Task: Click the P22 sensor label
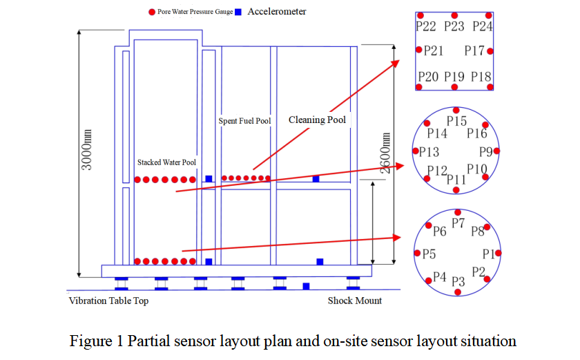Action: (x=426, y=27)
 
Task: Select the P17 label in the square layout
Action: (x=474, y=50)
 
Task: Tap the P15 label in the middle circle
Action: (x=456, y=121)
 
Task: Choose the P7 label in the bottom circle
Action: (x=458, y=222)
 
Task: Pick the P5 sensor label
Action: (x=429, y=254)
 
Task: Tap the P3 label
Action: (x=458, y=281)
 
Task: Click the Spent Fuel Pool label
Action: (x=244, y=121)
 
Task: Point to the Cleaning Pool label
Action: (x=317, y=120)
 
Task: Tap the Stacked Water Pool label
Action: (x=166, y=162)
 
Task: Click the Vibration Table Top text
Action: (x=108, y=301)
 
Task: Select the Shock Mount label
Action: (x=354, y=301)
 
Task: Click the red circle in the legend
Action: (x=151, y=12)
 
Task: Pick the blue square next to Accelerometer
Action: (x=238, y=12)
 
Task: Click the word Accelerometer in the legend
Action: (x=276, y=12)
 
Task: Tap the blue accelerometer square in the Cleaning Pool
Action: (x=316, y=179)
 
